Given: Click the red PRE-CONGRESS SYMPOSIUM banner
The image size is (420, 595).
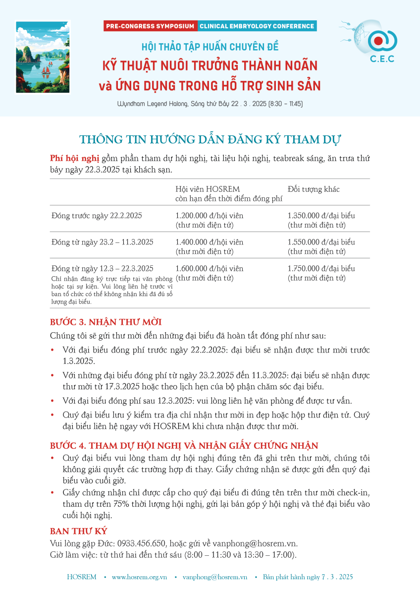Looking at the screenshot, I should [x=150, y=26].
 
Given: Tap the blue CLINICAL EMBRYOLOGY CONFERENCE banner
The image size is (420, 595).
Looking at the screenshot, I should [x=257, y=26].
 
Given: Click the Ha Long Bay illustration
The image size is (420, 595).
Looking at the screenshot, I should [x=43, y=57].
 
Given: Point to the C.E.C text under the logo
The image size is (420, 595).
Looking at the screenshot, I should [x=382, y=59].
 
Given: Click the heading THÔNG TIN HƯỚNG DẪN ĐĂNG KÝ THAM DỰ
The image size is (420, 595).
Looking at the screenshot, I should [x=210, y=139].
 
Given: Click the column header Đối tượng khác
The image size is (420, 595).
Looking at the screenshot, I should [x=314, y=189].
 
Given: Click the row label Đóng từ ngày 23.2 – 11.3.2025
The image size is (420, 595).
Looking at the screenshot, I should [x=102, y=242].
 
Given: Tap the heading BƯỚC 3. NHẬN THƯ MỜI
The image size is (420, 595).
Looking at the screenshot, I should [x=106, y=322].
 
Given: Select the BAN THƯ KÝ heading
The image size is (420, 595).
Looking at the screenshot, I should [x=79, y=531].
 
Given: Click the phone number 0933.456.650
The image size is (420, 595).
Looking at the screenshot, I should [x=144, y=543].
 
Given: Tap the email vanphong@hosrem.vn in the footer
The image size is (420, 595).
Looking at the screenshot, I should [x=214, y=577].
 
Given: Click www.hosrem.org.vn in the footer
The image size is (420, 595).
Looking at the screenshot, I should [x=139, y=577].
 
